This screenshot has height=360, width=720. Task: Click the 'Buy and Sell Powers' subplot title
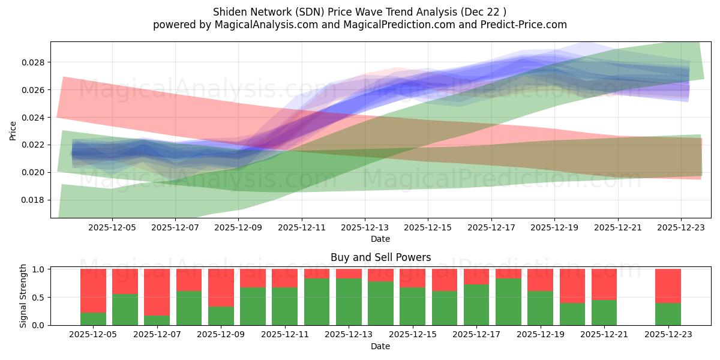[380, 257]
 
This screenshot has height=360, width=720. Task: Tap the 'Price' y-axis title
[13, 130]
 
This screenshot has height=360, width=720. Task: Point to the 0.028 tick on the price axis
[35, 62]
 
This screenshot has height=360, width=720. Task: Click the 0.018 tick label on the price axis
[35, 200]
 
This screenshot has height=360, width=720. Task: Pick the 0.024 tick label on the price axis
[35, 118]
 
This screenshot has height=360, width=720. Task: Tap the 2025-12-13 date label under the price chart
[364, 228]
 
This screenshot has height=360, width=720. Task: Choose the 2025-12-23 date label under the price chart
[680, 228]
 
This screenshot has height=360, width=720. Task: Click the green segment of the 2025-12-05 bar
[93, 319]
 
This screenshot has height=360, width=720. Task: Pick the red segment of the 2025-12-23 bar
[668, 286]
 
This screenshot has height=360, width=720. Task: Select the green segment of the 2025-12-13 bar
[349, 302]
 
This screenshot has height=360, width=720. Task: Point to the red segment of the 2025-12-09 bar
[221, 287]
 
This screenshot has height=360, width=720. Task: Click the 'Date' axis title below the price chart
[380, 239]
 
